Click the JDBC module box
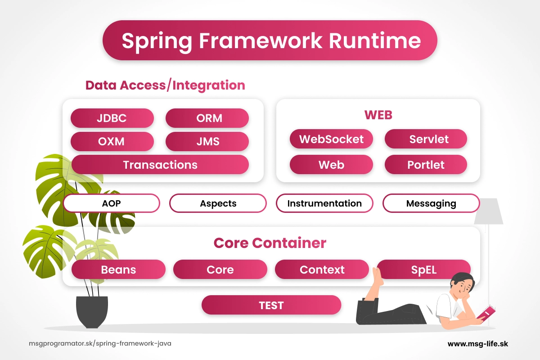112,118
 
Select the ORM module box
207,118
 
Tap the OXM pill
112,142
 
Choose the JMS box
207,142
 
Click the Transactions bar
160,165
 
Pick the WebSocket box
331,139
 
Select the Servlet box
426,139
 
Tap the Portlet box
426,165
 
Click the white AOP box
112,203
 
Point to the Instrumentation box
324,203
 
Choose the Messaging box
431,203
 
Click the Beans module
118,270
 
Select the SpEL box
423,270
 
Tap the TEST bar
271,305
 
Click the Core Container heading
270,243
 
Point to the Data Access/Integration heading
165,85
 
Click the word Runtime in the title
375,41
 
